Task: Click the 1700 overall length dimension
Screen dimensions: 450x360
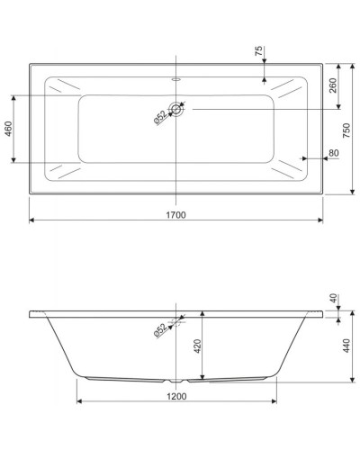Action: coord(175,214)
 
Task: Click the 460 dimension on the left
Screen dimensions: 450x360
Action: coord(9,130)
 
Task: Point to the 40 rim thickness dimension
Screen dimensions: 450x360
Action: coord(333,298)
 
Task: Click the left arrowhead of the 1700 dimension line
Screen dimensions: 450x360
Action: coord(32,220)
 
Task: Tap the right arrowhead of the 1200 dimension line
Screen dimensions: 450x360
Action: coord(274,401)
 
